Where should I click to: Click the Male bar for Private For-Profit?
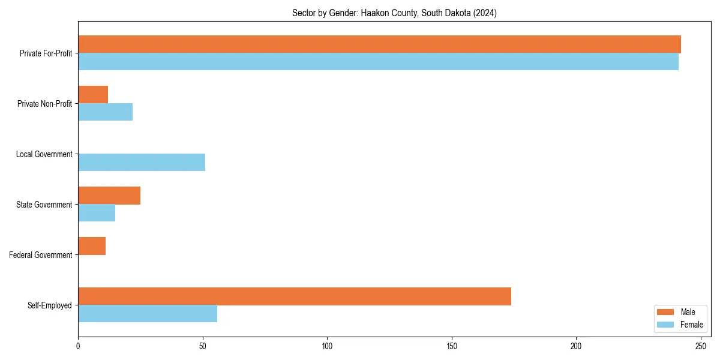click(x=379, y=44)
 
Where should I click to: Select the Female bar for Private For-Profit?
click(x=378, y=62)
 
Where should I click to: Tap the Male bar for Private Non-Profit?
click(x=93, y=95)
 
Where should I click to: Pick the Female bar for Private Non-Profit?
click(x=105, y=112)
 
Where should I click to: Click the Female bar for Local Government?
click(x=142, y=163)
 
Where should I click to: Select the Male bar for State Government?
click(x=109, y=196)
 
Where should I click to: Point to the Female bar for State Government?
click(x=97, y=213)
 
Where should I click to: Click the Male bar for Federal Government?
click(x=92, y=246)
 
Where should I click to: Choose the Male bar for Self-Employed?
click(x=295, y=296)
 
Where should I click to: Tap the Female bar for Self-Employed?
click(x=148, y=314)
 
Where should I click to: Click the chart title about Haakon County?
click(x=394, y=13)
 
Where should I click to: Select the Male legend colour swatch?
click(x=665, y=312)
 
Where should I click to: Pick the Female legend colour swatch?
click(x=665, y=325)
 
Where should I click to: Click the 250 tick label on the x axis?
click(x=701, y=346)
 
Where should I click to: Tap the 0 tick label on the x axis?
click(x=78, y=346)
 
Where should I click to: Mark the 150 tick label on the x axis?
click(x=452, y=346)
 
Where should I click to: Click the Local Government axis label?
click(x=44, y=154)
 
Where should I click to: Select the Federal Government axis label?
click(x=41, y=255)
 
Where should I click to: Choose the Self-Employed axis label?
click(x=50, y=305)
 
